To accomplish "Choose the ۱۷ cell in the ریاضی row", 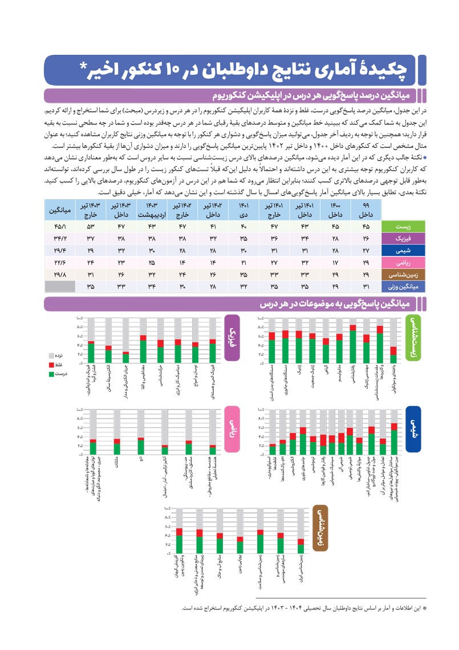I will tap(335, 262).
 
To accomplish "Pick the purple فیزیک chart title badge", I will tap(232, 338).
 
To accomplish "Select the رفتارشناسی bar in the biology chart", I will tap(354, 343).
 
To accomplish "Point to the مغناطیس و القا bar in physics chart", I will tap(144, 349).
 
